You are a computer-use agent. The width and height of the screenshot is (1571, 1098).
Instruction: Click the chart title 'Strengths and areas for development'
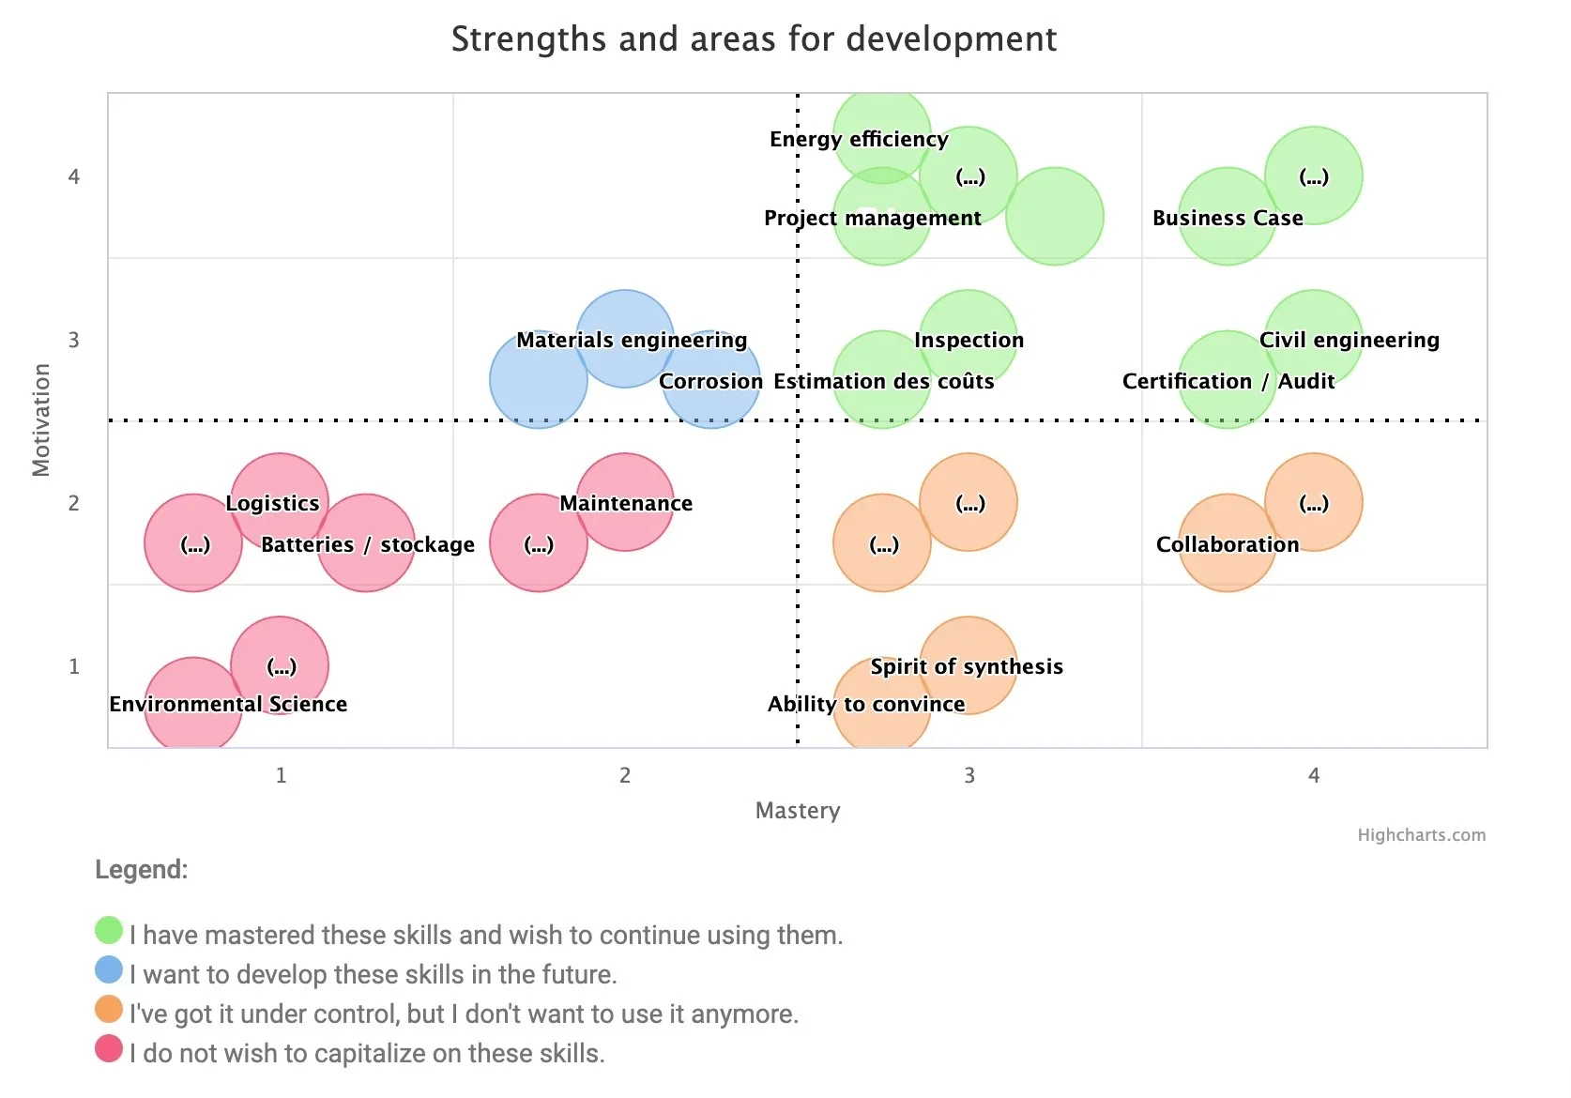coord(754,39)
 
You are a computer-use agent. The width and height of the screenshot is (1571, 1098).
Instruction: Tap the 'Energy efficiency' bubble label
coord(859,140)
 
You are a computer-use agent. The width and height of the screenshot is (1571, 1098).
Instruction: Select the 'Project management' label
coord(872,219)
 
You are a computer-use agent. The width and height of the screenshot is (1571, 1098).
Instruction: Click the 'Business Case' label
coord(1228,219)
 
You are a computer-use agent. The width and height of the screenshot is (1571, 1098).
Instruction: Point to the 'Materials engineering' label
coord(632,341)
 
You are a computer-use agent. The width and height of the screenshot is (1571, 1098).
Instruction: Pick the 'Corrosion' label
coord(710,382)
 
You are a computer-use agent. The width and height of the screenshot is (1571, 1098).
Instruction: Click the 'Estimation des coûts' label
coord(883,382)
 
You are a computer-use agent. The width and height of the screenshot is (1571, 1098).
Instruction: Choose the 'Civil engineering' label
coord(1349,341)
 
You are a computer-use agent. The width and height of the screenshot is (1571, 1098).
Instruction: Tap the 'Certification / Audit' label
coord(1228,382)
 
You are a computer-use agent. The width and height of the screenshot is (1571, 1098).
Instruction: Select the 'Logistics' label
coord(272,504)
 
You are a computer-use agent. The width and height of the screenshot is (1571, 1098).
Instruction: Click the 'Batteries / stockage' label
coord(367,545)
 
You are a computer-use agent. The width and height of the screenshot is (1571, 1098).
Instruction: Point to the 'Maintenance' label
coord(626,504)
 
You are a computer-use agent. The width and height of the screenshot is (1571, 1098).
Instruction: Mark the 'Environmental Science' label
coord(228,705)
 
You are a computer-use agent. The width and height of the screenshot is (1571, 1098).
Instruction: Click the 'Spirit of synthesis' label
coord(967,667)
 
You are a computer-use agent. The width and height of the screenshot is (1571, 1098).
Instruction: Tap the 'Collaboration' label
coord(1228,545)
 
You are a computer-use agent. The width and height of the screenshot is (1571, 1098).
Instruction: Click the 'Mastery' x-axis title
coord(798,811)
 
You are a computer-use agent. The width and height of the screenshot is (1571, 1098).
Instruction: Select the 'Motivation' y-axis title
coord(41,420)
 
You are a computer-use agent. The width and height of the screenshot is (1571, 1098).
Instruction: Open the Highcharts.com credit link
coord(1421,835)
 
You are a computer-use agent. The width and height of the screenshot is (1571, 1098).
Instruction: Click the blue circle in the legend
coord(109,970)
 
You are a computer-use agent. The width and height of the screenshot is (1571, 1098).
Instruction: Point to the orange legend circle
coord(109,1010)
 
